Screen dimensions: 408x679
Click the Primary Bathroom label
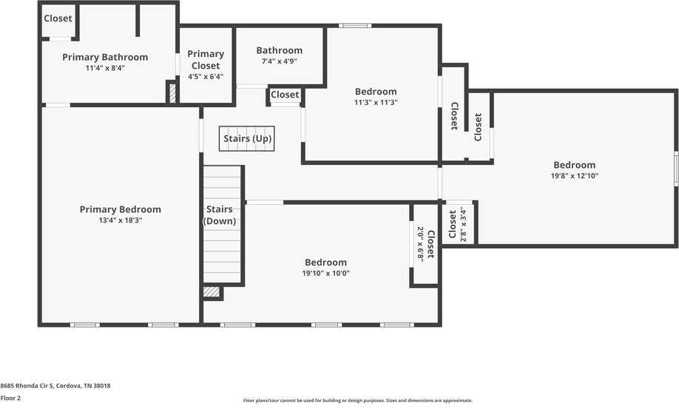tap(105, 57)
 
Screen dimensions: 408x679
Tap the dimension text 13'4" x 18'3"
tap(120, 220)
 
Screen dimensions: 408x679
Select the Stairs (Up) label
tap(247, 138)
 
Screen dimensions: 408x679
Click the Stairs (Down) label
tap(220, 215)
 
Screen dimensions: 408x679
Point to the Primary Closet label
tap(206, 59)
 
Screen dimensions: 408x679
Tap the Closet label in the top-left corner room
tap(58, 18)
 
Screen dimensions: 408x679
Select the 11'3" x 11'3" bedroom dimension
tap(376, 103)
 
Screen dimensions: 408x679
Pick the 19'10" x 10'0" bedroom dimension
tap(325, 273)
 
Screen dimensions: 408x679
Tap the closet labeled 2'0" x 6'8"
tap(425, 244)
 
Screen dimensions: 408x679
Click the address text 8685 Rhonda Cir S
tap(55, 385)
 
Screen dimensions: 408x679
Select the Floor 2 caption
tap(10, 398)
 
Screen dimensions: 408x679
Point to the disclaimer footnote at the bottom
tap(358, 401)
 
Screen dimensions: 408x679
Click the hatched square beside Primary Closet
tap(172, 93)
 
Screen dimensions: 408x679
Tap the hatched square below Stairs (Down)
tap(212, 292)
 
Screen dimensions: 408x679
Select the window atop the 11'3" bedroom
tap(355, 26)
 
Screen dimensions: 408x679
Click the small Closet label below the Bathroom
tap(285, 95)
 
